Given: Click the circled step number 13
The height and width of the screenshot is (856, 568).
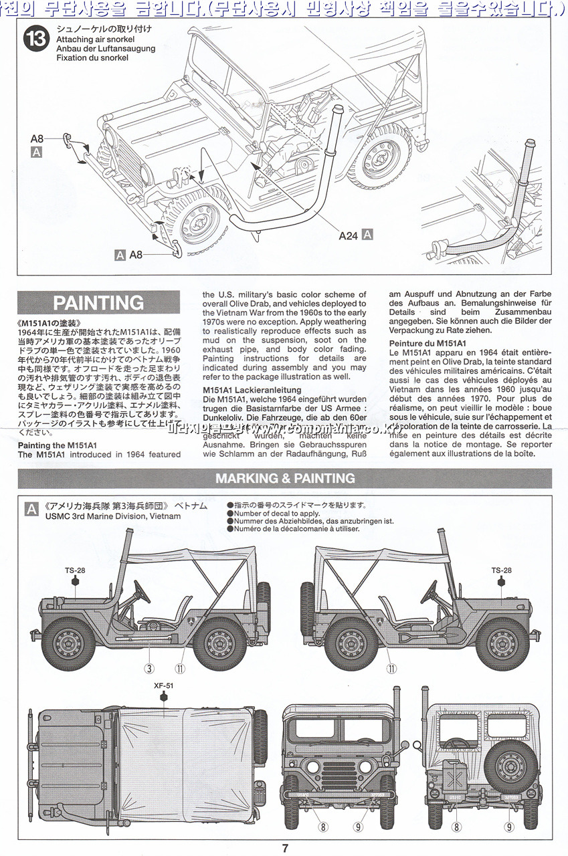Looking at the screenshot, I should (x=35, y=39).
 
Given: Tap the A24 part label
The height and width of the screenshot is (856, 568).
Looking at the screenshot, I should (x=348, y=235).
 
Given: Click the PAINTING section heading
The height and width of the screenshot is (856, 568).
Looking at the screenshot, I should (x=98, y=303).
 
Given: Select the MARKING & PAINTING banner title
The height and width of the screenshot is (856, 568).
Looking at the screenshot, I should (x=285, y=478).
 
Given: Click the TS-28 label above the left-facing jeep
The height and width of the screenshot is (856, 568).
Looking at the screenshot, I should (x=75, y=570).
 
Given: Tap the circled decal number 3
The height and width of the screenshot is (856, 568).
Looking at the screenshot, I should (x=150, y=667).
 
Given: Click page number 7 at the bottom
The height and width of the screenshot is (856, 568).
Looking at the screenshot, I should (x=285, y=849).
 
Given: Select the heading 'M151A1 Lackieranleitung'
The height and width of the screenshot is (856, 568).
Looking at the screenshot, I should (x=252, y=390).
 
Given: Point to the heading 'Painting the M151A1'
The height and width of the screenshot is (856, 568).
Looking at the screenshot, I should (x=58, y=445).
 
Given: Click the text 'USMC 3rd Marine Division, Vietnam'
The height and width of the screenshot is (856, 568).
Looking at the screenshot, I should (x=113, y=516).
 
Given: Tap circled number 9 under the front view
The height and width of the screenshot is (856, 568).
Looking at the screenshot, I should (x=358, y=827).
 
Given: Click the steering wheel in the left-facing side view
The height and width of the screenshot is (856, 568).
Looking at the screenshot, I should (x=141, y=591).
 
